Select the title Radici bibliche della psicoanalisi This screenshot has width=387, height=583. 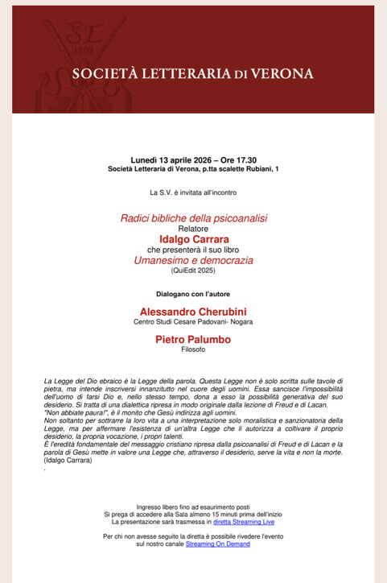(193, 218)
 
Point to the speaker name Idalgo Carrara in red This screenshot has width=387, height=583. (193, 239)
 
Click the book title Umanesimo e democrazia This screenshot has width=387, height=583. (193, 261)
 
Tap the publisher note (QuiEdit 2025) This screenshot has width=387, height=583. (193, 271)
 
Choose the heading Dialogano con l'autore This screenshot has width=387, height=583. (193, 294)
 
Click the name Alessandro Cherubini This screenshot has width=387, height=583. (193, 312)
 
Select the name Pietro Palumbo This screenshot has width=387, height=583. (193, 340)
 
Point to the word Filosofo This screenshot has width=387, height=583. (193, 350)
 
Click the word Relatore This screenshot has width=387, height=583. (193, 229)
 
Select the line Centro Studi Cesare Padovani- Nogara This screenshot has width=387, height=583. (193, 322)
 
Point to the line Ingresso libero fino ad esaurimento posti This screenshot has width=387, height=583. (193, 507)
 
